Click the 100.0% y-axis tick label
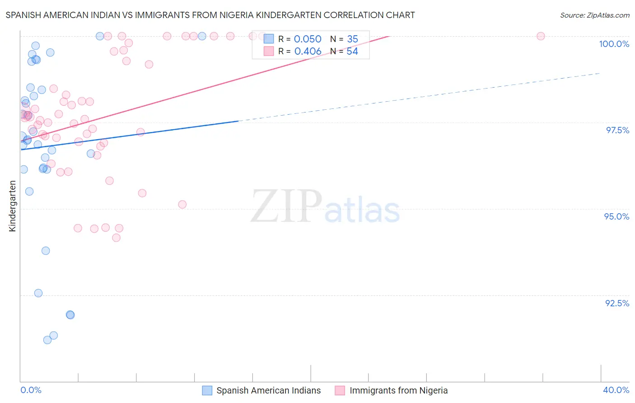(614, 44)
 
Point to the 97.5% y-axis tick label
(617, 130)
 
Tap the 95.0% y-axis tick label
(616, 216)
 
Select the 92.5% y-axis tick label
(617, 303)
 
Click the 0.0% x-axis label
(31, 390)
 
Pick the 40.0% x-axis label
(616, 390)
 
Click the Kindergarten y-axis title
(12, 206)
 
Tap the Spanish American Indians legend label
(268, 390)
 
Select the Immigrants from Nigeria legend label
(398, 390)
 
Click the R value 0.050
(308, 39)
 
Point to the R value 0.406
(308, 52)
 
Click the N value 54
(352, 52)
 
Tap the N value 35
(352, 39)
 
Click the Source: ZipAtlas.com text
(594, 15)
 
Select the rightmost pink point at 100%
(541, 36)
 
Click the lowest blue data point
(47, 340)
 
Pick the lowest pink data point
(116, 238)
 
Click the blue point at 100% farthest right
(202, 36)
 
